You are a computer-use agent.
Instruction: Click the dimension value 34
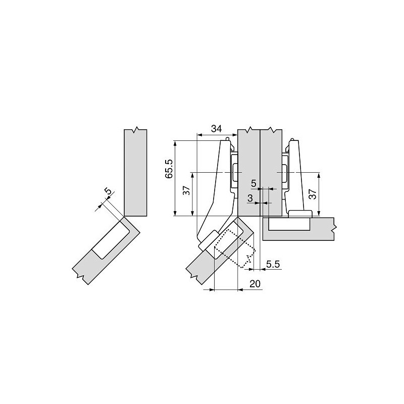pyautogui.click(x=216, y=128)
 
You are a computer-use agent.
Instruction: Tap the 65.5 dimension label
pyautogui.click(x=169, y=169)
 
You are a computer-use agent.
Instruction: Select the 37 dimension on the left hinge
pyautogui.click(x=186, y=190)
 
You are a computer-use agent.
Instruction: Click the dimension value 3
pyautogui.click(x=249, y=198)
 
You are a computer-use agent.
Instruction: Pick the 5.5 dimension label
pyautogui.click(x=273, y=264)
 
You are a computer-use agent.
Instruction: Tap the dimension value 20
pyautogui.click(x=255, y=284)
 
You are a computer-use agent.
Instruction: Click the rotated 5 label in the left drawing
pyautogui.click(x=109, y=191)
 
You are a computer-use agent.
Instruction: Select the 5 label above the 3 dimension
pyautogui.click(x=254, y=183)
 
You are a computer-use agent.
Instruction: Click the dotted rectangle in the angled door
pyautogui.click(x=235, y=248)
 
